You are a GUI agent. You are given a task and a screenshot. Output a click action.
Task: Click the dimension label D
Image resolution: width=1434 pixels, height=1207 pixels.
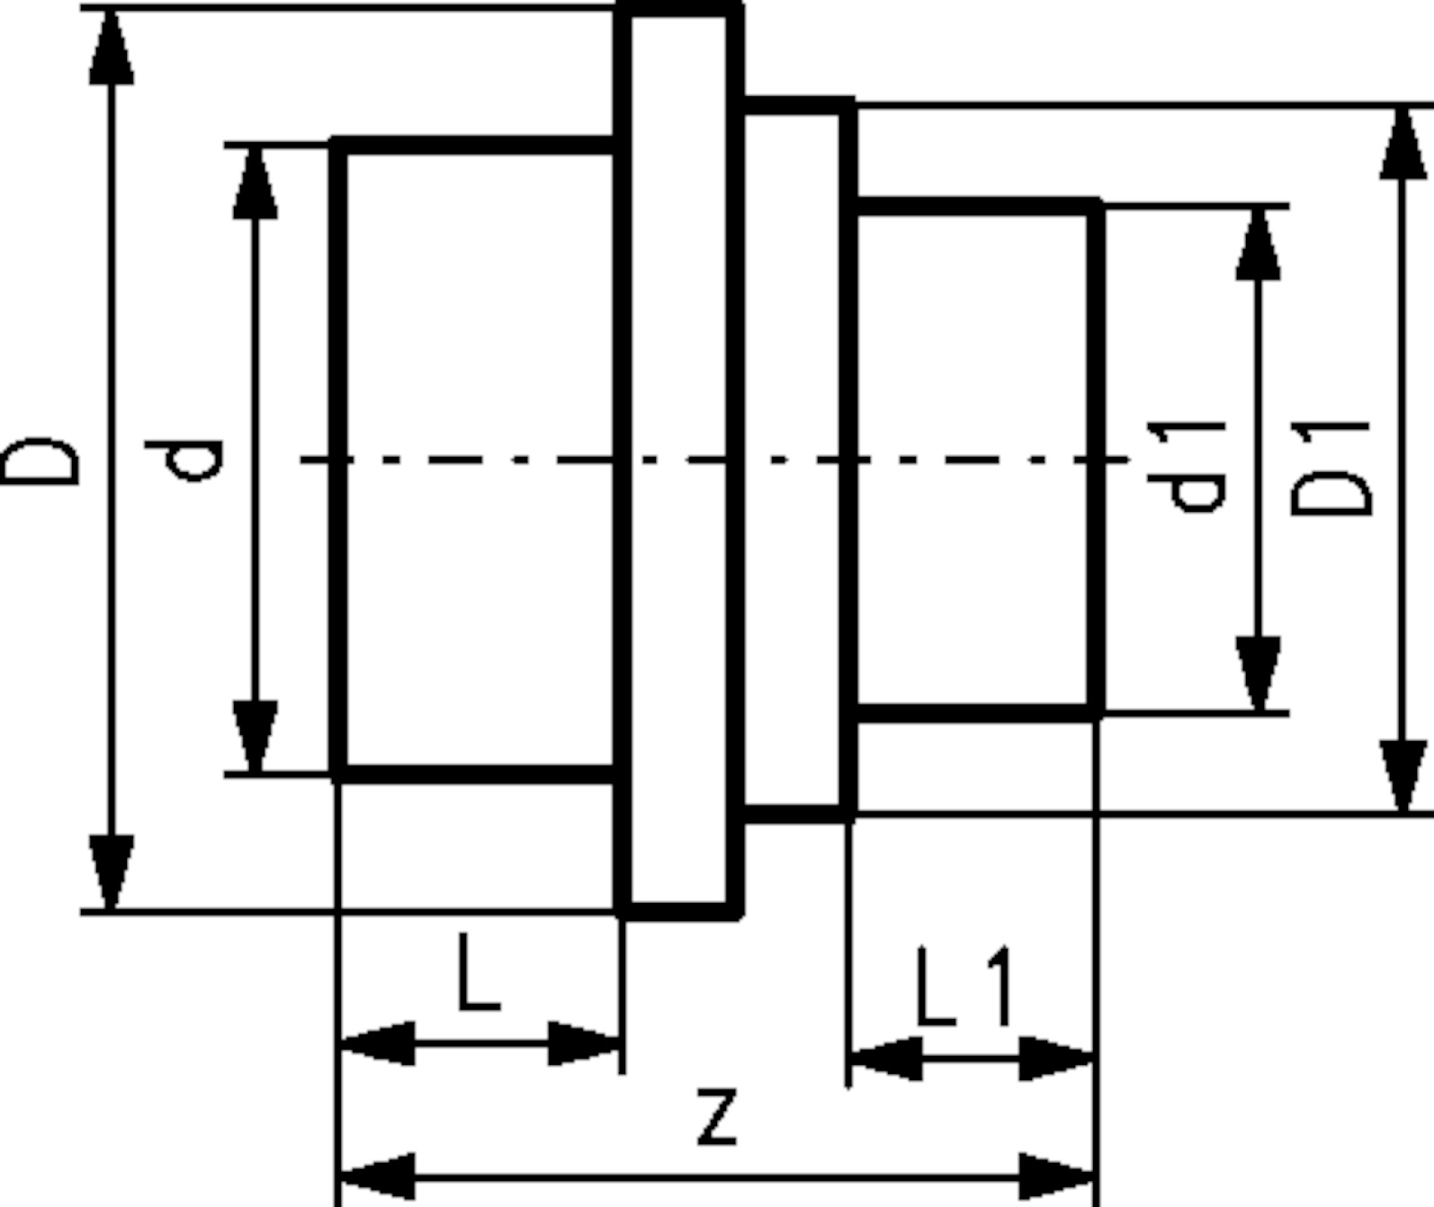40,460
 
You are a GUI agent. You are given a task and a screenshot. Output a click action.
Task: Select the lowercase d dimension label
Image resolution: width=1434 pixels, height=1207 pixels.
184,460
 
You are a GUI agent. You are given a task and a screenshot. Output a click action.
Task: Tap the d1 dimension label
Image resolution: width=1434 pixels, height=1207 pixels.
1187,468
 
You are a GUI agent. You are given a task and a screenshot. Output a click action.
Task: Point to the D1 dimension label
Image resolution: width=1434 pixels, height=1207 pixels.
1331,469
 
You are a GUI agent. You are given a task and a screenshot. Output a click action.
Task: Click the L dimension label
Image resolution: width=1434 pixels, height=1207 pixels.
479,970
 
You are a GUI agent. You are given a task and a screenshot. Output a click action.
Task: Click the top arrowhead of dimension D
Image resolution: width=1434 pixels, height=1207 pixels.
112,47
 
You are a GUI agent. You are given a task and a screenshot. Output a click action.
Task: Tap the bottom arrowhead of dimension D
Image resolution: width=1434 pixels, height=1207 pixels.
112,872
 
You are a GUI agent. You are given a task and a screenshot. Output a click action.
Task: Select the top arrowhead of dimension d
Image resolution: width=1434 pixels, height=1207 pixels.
255,183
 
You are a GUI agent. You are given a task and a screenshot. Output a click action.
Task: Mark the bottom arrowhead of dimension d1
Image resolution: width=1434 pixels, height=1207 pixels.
1259,675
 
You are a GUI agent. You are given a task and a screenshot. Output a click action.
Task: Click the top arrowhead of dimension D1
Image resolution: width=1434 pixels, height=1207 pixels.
1403,144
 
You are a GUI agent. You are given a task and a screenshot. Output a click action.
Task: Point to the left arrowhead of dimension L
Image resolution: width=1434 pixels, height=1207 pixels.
378,1043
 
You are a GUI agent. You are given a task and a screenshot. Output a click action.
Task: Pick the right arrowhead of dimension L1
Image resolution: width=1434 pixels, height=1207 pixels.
1056,1058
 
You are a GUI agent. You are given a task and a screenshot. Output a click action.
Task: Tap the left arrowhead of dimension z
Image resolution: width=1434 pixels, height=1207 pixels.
378,1176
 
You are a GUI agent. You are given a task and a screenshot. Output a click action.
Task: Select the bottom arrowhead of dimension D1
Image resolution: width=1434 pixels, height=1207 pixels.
1403,776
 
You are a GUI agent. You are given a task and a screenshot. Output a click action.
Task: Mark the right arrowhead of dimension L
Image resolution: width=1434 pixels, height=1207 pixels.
585,1043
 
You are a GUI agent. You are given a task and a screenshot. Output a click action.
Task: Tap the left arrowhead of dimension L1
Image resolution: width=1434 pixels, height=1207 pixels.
887,1058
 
